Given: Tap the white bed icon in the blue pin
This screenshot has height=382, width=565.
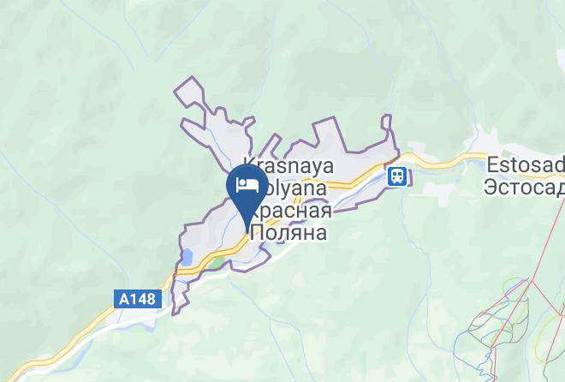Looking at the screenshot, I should pos(247,184).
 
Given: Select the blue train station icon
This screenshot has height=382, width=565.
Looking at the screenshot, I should pos(397,176).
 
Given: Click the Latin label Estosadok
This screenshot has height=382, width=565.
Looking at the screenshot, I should pos(524,163).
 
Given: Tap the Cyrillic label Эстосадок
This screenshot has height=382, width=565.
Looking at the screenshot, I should pos(524,185).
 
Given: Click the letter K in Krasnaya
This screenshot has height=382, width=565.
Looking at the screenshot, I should pos(249,163).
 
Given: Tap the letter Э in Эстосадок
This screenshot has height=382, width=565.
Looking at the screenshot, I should pos(490,185).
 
